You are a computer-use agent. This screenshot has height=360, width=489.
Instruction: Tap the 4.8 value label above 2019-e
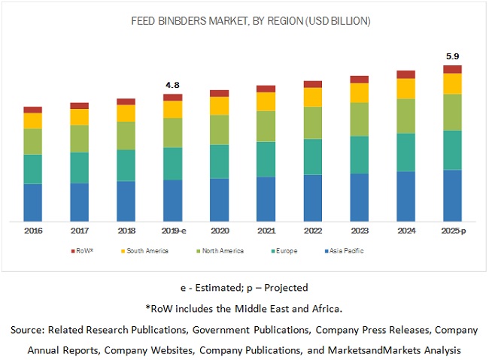173,85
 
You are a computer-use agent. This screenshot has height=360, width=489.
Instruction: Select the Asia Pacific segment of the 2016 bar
32,202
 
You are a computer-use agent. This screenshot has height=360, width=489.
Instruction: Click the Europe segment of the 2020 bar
219,161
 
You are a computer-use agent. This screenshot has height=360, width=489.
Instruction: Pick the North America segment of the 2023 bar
359,119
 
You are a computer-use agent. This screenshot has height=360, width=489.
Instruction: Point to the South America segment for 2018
126,113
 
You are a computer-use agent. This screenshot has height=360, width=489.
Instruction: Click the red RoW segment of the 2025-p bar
452,69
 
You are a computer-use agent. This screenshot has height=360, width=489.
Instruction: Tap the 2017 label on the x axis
79,231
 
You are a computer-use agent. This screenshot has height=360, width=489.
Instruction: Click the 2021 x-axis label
266,231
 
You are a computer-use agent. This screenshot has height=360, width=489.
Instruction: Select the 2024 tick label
405,231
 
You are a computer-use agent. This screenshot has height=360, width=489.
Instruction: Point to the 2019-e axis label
173,231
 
